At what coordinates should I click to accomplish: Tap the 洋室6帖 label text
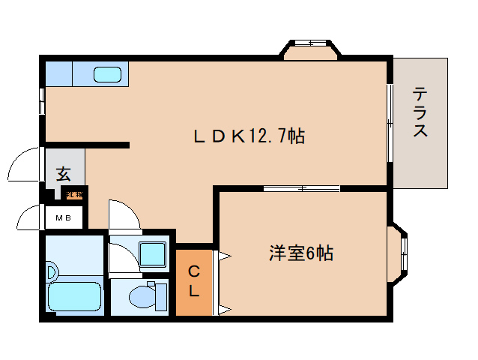[300, 253]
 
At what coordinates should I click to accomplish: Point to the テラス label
[421, 112]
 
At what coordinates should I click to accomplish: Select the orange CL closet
[193, 280]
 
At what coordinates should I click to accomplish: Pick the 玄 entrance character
[64, 175]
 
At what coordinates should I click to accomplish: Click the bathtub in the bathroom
[74, 297]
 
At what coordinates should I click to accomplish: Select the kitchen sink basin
[108, 74]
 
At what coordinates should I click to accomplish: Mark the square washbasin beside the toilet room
[152, 254]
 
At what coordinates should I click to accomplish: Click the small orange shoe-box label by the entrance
[74, 195]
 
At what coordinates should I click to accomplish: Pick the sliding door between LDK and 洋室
[301, 187]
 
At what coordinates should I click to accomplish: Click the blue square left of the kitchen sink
[58, 73]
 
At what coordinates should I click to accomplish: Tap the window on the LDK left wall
[41, 101]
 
